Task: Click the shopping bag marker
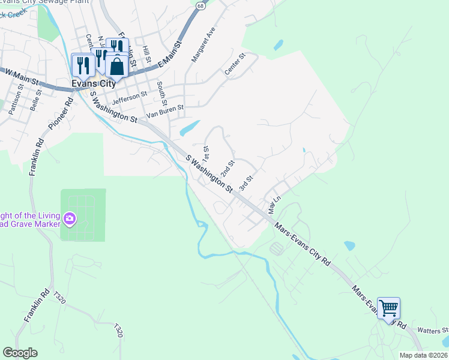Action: click(x=117, y=66)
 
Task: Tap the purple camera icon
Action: click(x=69, y=219)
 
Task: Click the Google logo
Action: click(x=20, y=353)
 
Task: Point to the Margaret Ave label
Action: click(x=203, y=45)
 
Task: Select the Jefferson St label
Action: click(x=130, y=95)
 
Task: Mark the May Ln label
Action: click(x=274, y=206)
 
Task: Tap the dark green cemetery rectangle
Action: click(x=83, y=214)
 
